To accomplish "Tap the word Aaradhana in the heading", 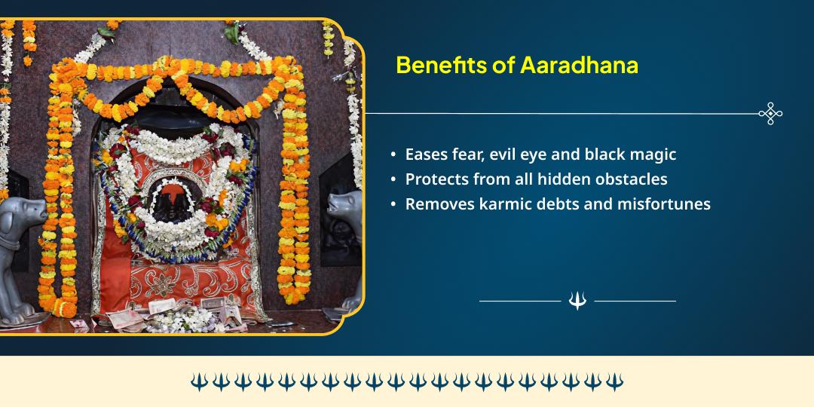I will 579,65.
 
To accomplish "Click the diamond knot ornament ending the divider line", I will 770,114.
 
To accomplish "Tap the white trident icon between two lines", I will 577,301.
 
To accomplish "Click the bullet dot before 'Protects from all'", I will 393,179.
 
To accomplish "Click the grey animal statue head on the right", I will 343,211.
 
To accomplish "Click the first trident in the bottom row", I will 199,382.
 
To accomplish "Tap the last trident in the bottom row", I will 615,382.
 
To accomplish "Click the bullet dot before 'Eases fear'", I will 393,155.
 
